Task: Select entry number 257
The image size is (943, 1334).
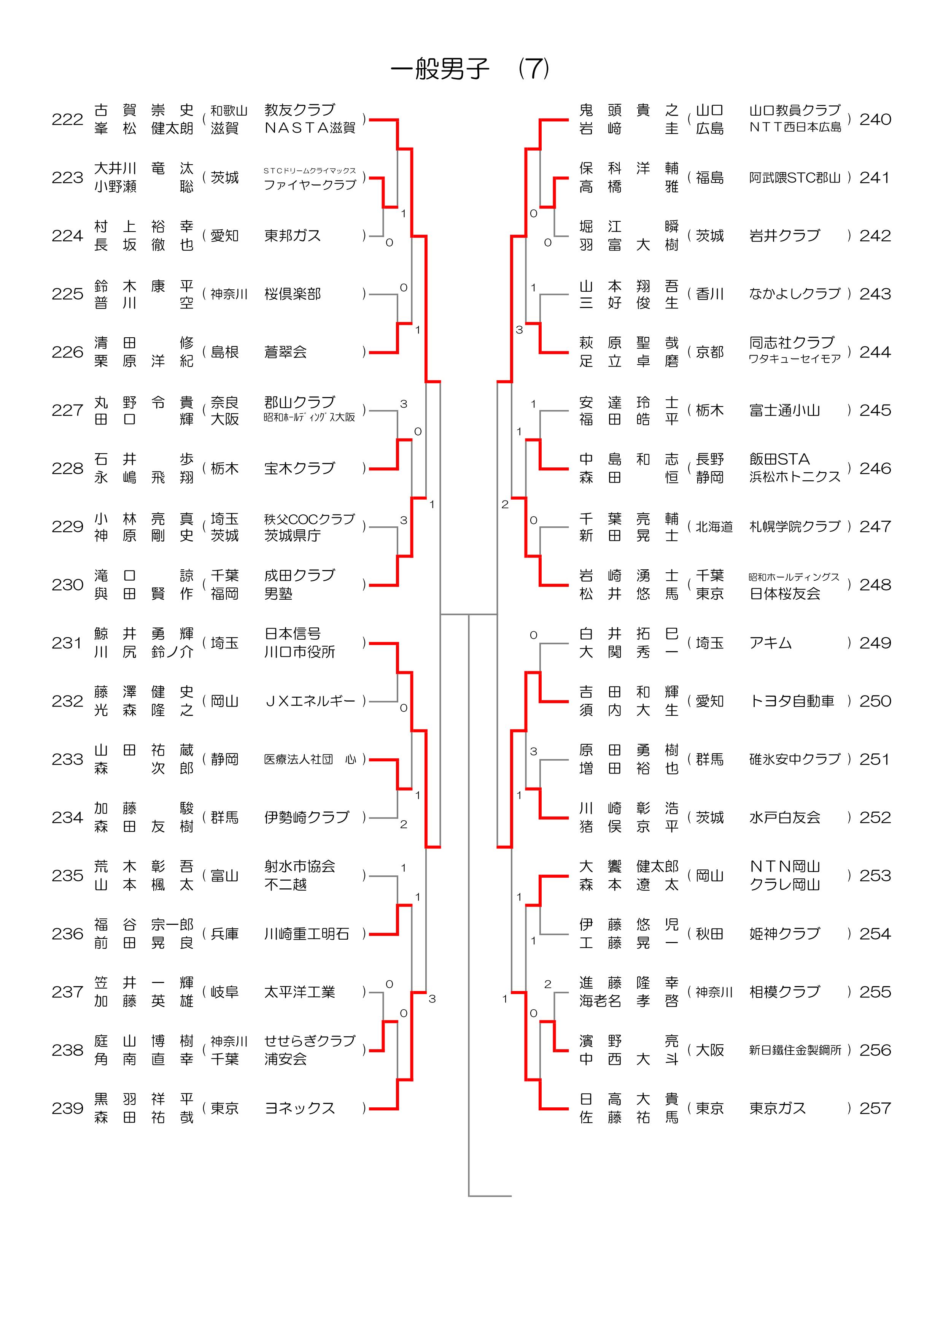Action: pos(875,1108)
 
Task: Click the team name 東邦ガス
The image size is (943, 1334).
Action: pos(292,236)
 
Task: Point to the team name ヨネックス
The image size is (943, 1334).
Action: pos(300,1108)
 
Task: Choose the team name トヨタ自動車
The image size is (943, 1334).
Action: pos(792,701)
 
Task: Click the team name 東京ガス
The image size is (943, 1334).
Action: pos(778,1108)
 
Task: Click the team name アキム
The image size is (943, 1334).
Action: pos(770,643)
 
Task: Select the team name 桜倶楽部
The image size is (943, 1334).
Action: pos(292,294)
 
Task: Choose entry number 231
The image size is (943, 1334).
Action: pos(67,643)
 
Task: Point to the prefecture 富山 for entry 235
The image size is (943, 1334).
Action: pos(224,876)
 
